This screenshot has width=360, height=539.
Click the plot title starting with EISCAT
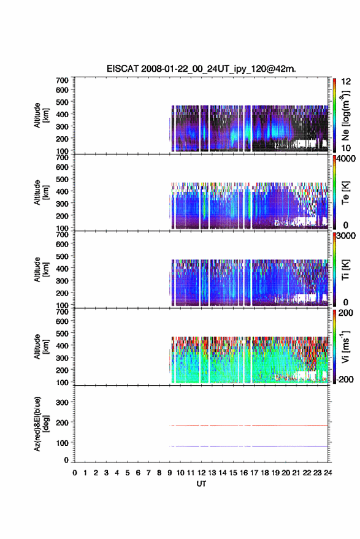[201, 69]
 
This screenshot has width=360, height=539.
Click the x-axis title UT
[201, 484]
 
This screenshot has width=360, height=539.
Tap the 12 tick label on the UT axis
[202, 473]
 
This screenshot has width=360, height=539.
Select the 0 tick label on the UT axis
[75, 473]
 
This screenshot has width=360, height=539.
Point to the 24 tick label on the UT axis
[328, 473]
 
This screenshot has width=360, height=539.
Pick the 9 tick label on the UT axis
[170, 473]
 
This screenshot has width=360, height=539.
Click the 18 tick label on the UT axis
[265, 473]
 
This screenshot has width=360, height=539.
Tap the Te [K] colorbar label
[345, 193]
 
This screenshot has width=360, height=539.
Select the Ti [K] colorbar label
[345, 270]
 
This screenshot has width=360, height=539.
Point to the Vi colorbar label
[345, 346]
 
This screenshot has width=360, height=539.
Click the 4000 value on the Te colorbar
[347, 159]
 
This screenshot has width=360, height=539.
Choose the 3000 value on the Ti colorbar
[347, 236]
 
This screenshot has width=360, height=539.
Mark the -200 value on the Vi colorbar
[345, 379]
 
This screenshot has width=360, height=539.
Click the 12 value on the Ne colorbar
[347, 82]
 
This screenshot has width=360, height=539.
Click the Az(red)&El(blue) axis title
[41, 424]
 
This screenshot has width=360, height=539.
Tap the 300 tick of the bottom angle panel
[62, 402]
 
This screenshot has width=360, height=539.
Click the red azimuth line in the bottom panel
[248, 426]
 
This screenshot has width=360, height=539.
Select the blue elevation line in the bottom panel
[248, 446]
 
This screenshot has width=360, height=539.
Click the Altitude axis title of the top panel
[41, 115]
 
